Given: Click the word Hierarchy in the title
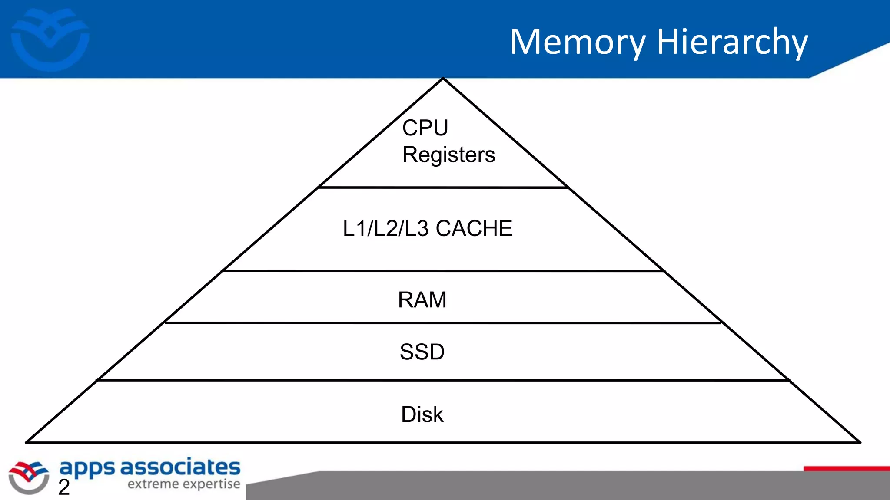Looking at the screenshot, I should click(732, 42).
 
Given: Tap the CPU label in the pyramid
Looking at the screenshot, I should click(425, 128).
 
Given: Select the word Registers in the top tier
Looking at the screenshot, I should click(448, 155).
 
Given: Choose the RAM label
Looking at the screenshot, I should click(422, 300).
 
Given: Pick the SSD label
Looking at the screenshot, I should click(422, 352).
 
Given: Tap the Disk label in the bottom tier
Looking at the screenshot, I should click(422, 414).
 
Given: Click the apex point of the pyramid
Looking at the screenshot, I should click(443, 79).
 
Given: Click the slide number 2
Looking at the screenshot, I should click(64, 487).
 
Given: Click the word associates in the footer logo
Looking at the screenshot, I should click(180, 467).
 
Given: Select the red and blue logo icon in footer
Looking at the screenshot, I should click(29, 477).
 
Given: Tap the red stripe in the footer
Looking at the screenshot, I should click(846, 469).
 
